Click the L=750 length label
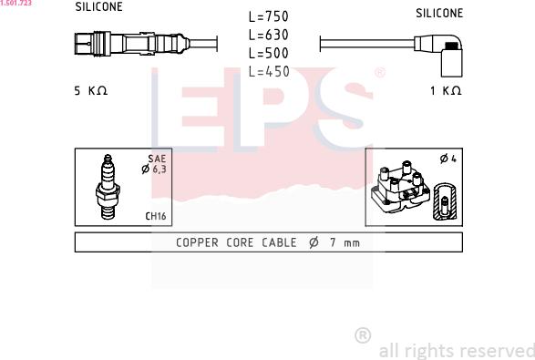269,16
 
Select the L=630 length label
269,35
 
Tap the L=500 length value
269,53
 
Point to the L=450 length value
269,72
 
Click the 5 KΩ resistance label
91,91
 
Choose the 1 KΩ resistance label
446,91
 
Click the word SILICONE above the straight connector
99,6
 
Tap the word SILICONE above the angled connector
439,14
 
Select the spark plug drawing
108,187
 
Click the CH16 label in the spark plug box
156,216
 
